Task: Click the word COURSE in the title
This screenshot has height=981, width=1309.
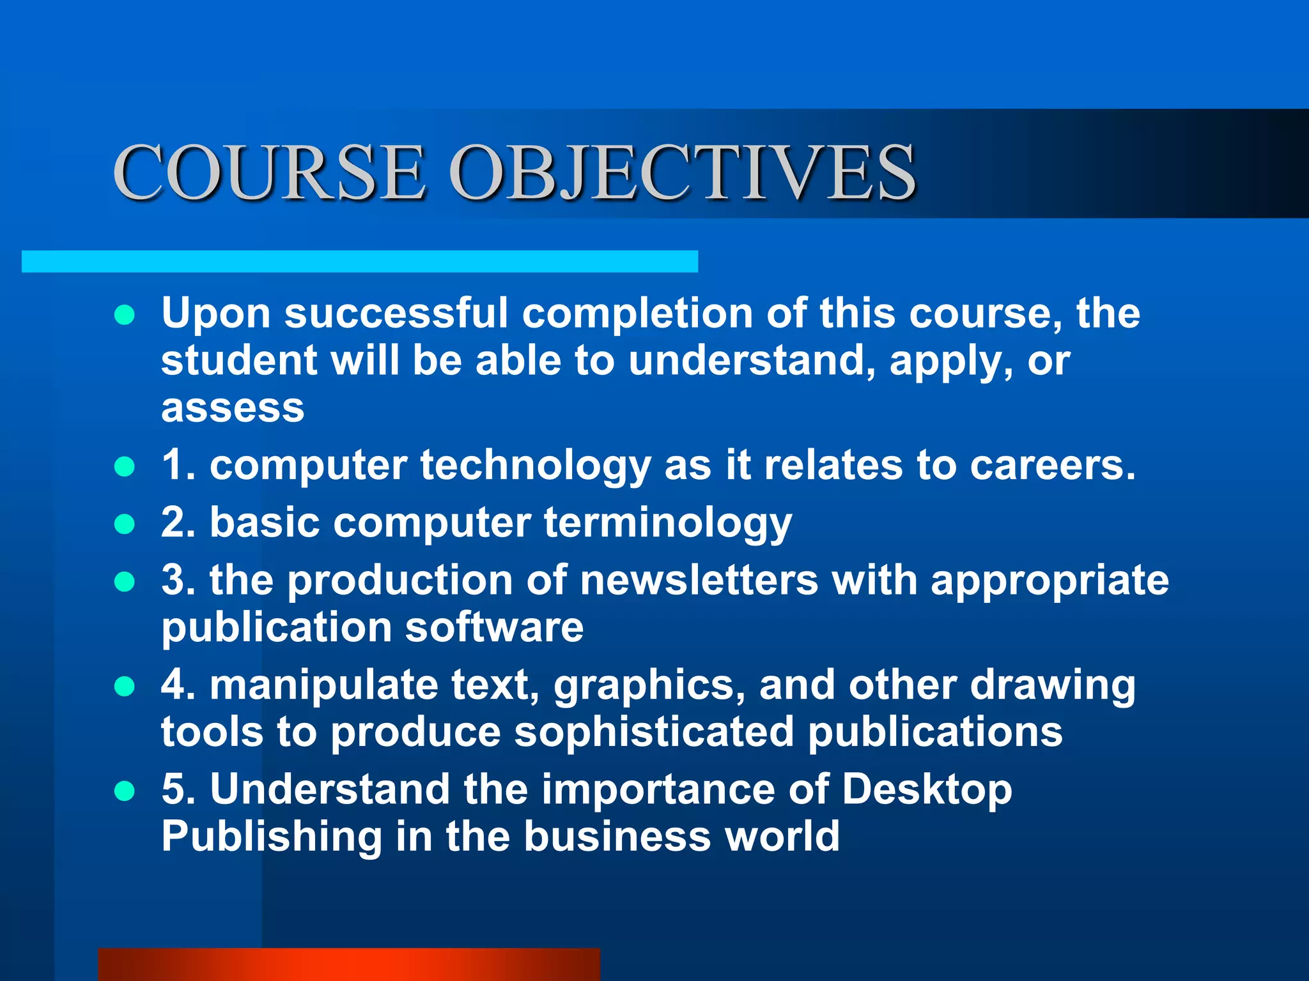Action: [x=268, y=172]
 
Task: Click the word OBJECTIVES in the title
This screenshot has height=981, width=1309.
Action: [x=683, y=172]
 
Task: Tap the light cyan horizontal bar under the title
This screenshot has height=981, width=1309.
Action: [x=359, y=261]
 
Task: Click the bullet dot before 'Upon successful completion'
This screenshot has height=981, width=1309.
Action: [x=125, y=315]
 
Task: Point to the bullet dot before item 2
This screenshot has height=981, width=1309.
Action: [x=125, y=524]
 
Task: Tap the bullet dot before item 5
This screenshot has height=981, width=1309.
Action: [x=125, y=791]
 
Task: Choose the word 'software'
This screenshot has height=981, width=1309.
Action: [x=494, y=627]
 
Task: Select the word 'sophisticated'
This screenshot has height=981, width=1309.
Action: [x=654, y=732]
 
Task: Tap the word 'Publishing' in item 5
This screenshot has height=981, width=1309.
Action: [x=271, y=837]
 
